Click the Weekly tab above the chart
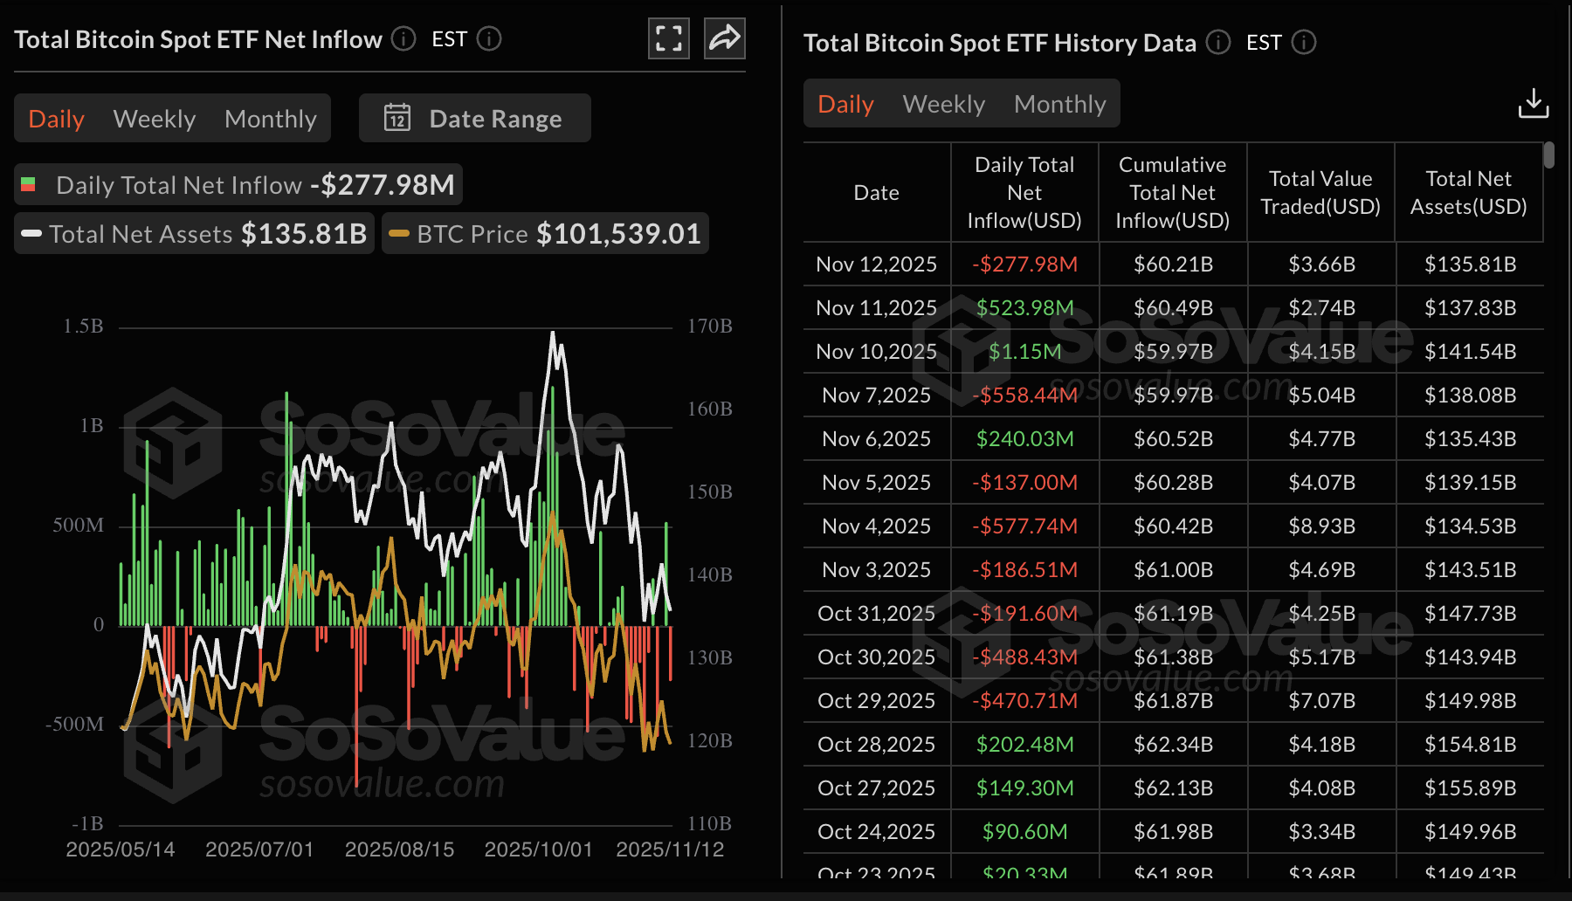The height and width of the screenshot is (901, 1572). [155, 119]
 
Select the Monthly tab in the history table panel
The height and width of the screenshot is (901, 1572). [1059, 104]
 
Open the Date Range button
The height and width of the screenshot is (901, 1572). [475, 119]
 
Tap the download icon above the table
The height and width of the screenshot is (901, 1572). [1533, 103]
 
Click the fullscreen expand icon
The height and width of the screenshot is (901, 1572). [669, 38]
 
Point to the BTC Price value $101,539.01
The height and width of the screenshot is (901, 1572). [618, 234]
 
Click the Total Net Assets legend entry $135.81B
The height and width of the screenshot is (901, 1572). [303, 234]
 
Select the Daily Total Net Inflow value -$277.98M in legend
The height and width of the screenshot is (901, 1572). [383, 185]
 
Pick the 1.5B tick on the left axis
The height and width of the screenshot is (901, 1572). [83, 327]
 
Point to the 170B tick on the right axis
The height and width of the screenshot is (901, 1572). [709, 327]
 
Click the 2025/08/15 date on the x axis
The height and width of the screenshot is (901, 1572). [399, 849]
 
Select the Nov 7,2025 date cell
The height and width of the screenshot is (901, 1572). [876, 395]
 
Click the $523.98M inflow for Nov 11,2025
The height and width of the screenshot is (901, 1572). [1024, 308]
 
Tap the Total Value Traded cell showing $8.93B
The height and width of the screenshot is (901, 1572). [1321, 526]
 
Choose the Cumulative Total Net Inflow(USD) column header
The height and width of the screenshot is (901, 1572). [1172, 193]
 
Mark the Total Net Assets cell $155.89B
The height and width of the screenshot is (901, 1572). [1470, 788]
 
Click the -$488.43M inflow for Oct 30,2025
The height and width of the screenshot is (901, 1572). [1024, 657]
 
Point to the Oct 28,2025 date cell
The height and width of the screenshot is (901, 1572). [876, 745]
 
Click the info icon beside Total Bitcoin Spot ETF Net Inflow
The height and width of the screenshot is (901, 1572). [403, 38]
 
